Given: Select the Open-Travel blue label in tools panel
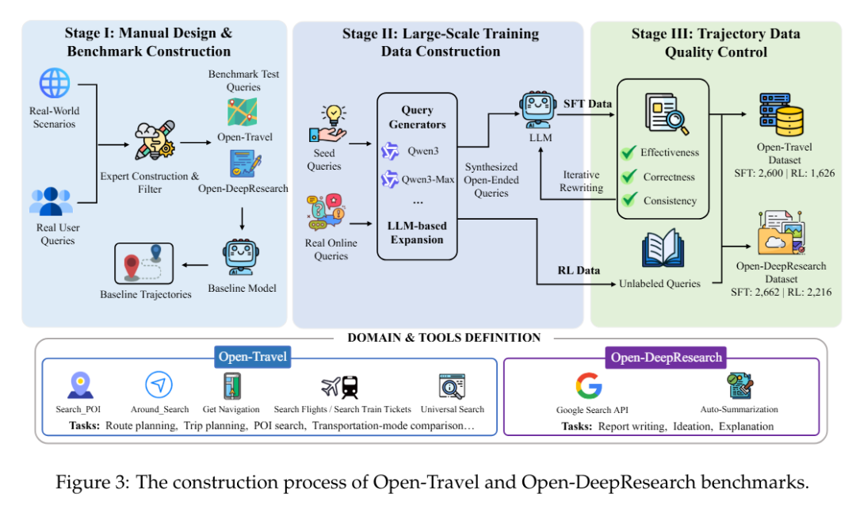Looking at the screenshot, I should [x=253, y=358].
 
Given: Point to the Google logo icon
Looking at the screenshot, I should [x=589, y=386].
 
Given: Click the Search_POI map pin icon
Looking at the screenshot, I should [x=80, y=385].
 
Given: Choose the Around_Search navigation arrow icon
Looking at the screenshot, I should [x=159, y=385].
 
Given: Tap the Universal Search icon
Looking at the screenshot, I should [x=452, y=386].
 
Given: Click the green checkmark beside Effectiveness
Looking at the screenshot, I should [x=629, y=151].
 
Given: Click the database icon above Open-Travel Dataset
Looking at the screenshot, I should [x=780, y=113].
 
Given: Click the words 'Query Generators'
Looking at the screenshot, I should [x=417, y=118].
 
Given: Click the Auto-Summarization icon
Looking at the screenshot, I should [x=739, y=386].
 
